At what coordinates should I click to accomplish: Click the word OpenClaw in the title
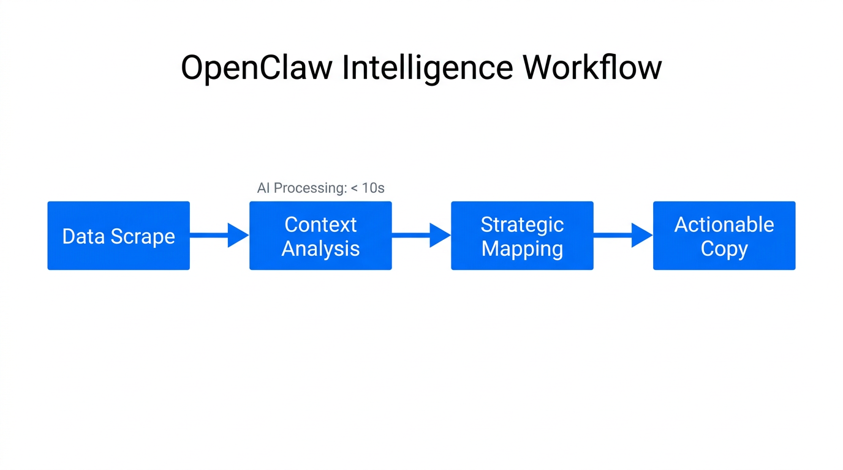[257, 68]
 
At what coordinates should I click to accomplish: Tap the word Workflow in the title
[592, 67]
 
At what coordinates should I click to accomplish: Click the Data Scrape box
[118, 236]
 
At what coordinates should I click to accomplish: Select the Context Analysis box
[320, 236]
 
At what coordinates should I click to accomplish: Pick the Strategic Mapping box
[522, 236]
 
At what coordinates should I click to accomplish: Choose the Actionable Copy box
[724, 236]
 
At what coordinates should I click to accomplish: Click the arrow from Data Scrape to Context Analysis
[219, 235]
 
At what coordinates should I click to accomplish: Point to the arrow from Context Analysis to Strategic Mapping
[421, 235]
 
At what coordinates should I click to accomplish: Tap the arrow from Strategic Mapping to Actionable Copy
[623, 235]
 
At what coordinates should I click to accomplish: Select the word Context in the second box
[320, 225]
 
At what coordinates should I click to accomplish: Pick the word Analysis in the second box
[320, 249]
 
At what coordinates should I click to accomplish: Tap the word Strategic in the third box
[522, 225]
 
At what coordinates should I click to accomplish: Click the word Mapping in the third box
[522, 249]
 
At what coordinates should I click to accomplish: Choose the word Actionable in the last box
[724, 225]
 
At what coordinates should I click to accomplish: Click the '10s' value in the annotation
[372, 188]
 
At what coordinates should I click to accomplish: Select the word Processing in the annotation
[309, 188]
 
